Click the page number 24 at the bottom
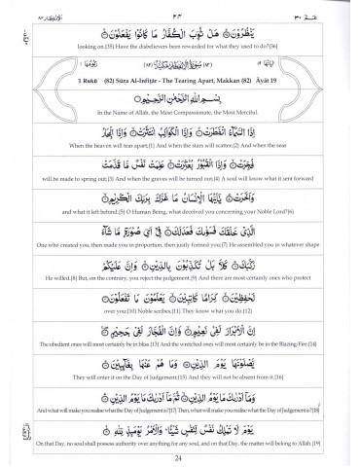(180, 455)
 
